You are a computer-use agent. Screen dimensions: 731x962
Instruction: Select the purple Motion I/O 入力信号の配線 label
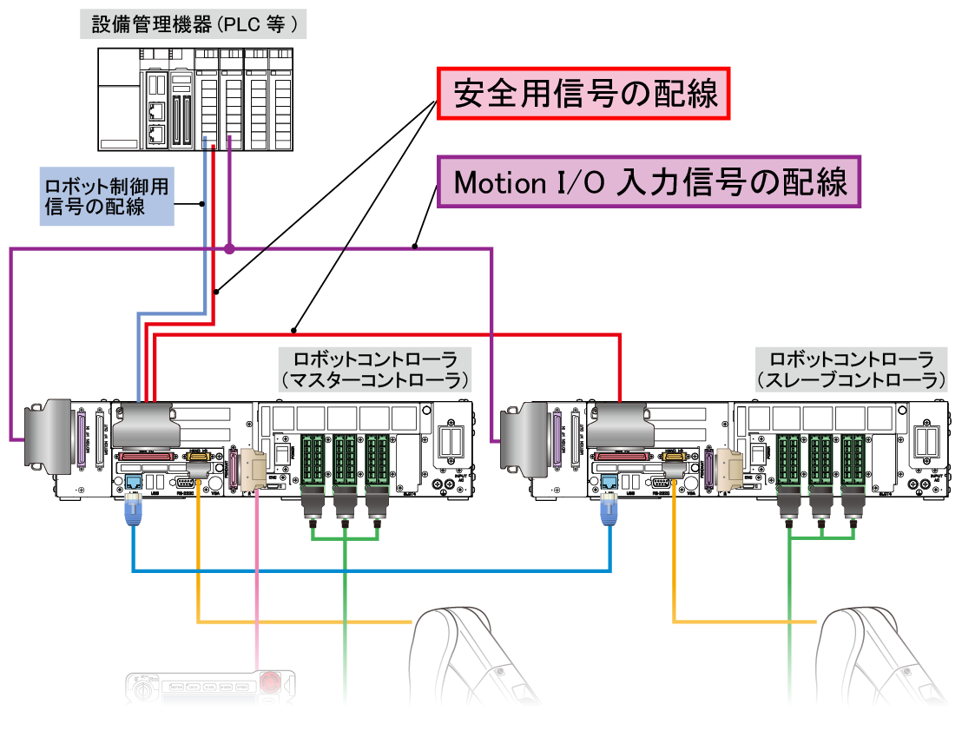[x=650, y=182]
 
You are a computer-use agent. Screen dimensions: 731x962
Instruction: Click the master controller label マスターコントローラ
[x=375, y=369]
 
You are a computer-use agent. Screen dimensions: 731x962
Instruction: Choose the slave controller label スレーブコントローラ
[x=851, y=369]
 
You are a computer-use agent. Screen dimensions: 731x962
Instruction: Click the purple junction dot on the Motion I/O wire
[x=229, y=249]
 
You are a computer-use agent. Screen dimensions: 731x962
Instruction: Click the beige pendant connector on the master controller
[x=254, y=469]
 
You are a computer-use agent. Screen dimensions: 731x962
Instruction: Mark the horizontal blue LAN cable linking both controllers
[x=373, y=570]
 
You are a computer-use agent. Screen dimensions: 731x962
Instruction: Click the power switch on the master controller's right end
[x=450, y=441]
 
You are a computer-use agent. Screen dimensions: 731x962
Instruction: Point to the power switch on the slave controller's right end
[x=926, y=441]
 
